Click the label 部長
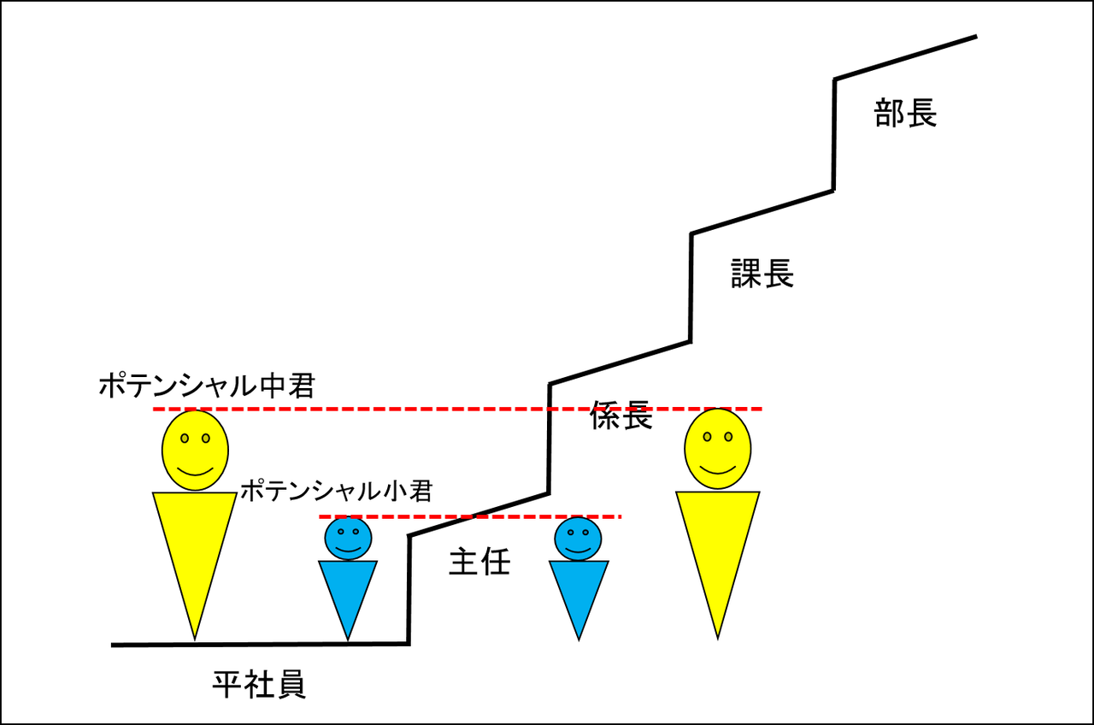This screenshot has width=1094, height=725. [905, 113]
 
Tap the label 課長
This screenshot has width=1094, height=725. [762, 274]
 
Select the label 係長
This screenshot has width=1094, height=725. [621, 416]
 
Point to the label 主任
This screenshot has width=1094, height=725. [479, 563]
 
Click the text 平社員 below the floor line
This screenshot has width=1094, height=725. [259, 684]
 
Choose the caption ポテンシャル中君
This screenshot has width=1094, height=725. [207, 386]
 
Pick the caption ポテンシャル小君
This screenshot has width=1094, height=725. [336, 491]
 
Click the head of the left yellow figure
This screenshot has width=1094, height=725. [196, 450]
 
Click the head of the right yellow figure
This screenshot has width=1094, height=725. [718, 450]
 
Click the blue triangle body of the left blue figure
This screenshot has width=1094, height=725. [348, 590]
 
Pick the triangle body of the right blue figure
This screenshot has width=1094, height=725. [579, 590]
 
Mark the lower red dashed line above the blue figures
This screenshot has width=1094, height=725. [513, 516]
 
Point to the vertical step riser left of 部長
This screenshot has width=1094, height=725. [834, 135]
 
